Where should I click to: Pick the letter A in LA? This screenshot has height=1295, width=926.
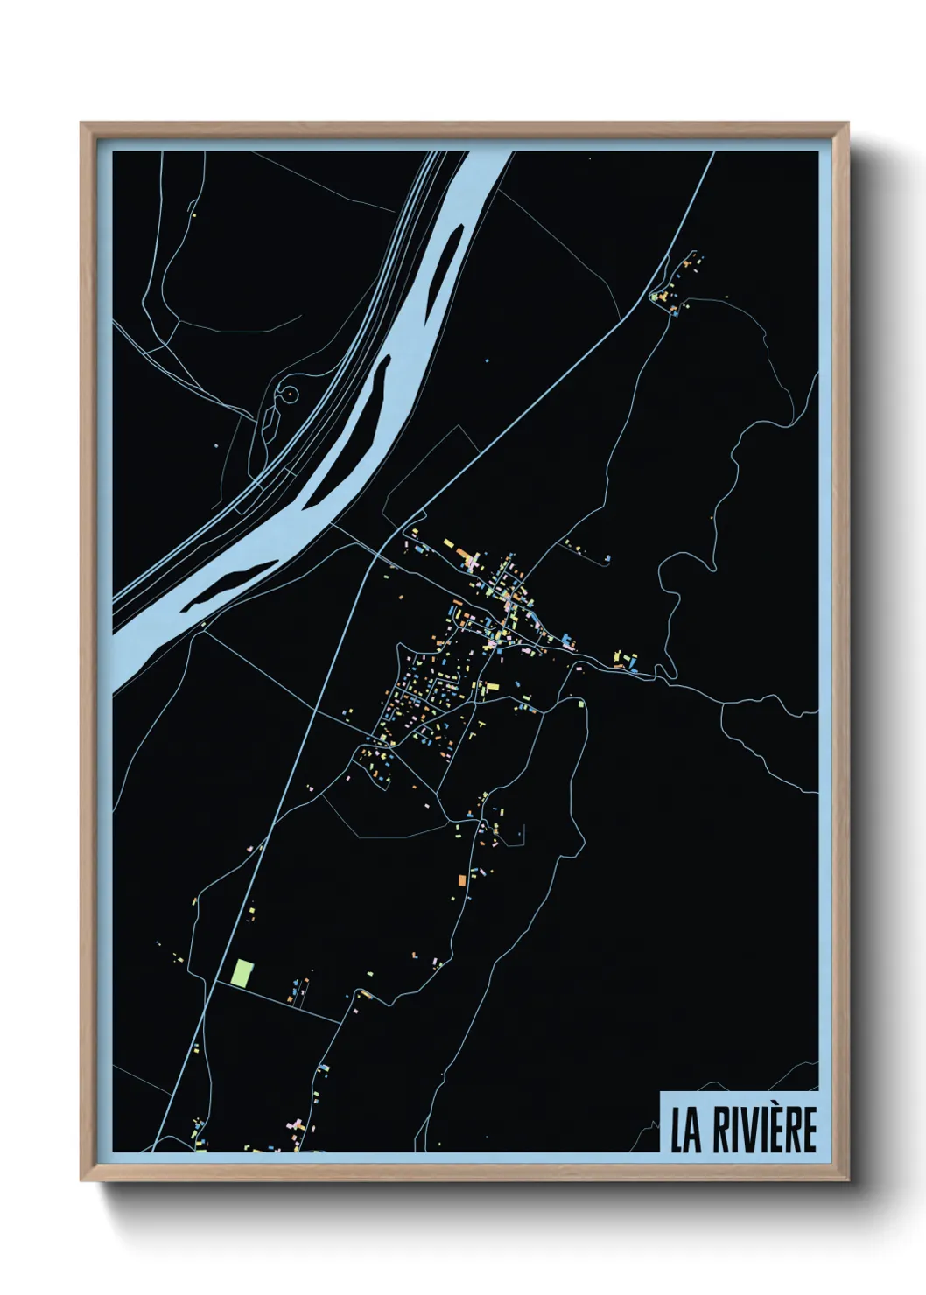pyautogui.click(x=695, y=1130)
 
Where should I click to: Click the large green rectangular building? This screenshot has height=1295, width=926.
pyautogui.click(x=242, y=973)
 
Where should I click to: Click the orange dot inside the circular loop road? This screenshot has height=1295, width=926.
pyautogui.click(x=286, y=395)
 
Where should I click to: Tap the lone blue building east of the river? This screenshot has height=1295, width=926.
pyautogui.click(x=488, y=360)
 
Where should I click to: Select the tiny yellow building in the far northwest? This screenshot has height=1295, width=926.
pyautogui.click(x=193, y=214)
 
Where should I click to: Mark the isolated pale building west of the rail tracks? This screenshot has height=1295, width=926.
pyautogui.click(x=215, y=444)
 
